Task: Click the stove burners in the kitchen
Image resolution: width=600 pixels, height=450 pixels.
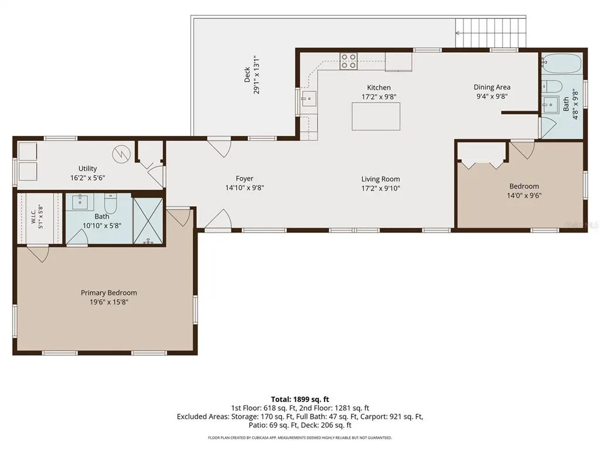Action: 349,61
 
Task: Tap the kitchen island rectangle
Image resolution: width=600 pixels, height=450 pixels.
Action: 376,117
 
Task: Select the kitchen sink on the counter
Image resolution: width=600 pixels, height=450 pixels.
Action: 309,98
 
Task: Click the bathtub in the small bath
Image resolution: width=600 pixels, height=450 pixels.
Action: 562,63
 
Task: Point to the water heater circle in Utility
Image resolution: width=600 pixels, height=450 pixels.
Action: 122,154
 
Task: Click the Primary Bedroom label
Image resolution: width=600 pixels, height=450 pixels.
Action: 108,293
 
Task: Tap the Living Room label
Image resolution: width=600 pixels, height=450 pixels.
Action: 381,179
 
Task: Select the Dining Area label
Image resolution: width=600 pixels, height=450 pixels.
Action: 492,87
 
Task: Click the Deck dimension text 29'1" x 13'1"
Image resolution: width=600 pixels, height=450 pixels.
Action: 257,74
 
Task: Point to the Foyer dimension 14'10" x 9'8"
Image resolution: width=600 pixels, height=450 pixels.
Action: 244,187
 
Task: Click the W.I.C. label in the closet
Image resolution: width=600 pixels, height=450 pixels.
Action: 33,216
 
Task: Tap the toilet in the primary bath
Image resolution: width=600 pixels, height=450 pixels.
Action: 111,203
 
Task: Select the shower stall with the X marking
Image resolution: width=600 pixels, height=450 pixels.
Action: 148,220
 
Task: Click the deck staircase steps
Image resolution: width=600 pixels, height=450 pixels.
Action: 490,33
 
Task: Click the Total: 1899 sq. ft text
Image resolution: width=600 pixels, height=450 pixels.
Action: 300,400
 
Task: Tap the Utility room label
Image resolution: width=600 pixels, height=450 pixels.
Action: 88,168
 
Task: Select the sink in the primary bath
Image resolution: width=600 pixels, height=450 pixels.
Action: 81,202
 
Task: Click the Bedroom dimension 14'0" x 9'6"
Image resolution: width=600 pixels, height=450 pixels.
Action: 524,195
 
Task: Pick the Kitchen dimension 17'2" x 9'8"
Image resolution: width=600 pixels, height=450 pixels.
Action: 379,97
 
